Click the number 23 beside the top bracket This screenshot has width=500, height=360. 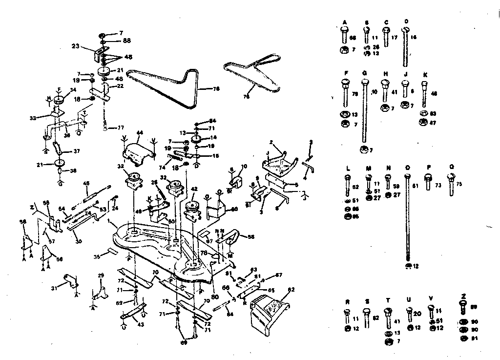tap(75, 47)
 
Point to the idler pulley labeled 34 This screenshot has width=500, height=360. tap(61, 100)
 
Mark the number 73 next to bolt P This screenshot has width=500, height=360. tap(437, 186)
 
